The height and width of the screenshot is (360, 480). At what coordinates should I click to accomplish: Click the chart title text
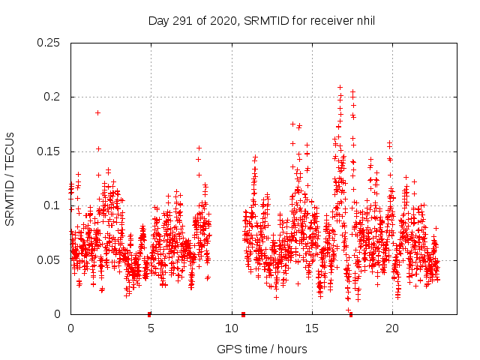[x=261, y=20]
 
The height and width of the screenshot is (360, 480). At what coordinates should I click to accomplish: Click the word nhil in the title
[x=364, y=20]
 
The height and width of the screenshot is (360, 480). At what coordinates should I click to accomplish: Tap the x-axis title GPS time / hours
[x=262, y=349]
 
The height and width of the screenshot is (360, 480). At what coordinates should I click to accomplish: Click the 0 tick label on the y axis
[x=58, y=314]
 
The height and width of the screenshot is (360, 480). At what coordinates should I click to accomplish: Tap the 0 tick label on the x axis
[x=70, y=328]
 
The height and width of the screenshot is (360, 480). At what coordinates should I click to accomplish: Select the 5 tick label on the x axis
[x=151, y=328]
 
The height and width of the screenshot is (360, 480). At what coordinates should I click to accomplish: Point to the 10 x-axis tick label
[x=231, y=328]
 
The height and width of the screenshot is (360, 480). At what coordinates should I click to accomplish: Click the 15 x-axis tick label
[x=311, y=328]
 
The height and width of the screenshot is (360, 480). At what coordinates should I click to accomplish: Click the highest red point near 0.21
[x=340, y=87]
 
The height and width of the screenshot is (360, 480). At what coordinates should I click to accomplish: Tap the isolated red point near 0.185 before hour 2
[x=97, y=112]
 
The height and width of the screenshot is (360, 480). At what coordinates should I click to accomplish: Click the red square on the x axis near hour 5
[x=149, y=314]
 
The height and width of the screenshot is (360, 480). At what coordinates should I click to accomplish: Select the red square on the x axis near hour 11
[x=243, y=314]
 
